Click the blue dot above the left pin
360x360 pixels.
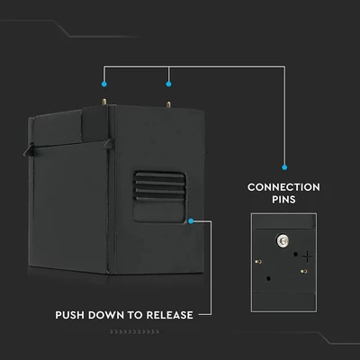tap(104, 85)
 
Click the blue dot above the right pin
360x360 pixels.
tap(168, 85)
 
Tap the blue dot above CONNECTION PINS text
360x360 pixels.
tap(284, 167)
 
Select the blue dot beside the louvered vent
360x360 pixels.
tap(191, 221)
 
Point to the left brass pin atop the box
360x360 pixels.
tap(104, 102)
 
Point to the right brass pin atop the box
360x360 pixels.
tap(168, 104)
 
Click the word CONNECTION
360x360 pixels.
tap(283, 187)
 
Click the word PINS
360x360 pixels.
tap(283, 200)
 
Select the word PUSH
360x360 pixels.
tap(69, 315)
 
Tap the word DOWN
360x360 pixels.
tap(106, 315)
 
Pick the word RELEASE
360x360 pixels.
tap(169, 315)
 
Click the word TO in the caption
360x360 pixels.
tap(135, 315)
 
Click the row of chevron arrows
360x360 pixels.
tap(134, 332)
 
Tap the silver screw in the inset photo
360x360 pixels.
tap(282, 240)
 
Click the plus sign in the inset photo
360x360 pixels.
tap(308, 256)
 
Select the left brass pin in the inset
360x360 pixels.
tap(258, 262)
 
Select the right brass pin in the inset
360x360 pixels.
tap(303, 272)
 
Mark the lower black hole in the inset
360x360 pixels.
tap(268, 279)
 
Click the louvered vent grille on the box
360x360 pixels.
tap(159, 186)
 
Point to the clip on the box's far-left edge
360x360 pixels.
tap(29, 149)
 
